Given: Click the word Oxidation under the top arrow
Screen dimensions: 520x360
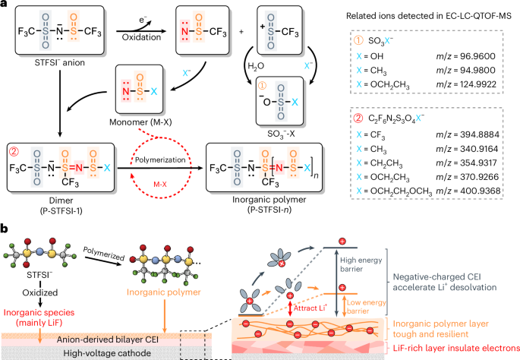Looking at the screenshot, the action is pos(141,37).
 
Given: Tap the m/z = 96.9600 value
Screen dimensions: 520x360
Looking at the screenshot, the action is pos(465,56).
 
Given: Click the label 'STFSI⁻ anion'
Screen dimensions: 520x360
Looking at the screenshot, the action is pos(60,63).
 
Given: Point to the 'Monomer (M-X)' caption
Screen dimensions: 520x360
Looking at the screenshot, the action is pos(140,122).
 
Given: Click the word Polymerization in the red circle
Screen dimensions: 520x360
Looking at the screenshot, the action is pos(160,160).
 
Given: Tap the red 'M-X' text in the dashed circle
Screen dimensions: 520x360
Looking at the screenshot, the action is pos(160,184).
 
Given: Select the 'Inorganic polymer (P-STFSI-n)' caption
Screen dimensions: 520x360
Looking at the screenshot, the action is pos(269,205).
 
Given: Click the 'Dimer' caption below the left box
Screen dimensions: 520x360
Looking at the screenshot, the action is pos(61,201).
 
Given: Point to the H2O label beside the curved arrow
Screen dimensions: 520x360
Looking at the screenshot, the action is pos(256,66).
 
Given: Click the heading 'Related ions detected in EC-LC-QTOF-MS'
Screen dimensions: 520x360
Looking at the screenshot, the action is pos(429,16).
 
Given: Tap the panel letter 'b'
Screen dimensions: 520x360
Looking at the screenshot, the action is pos(5,229).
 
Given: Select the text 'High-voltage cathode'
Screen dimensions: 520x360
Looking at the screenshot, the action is pos(107,353).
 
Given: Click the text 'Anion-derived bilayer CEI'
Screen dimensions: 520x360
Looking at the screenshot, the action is pos(108,339).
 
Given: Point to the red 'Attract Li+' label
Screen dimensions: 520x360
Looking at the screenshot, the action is pos(310,308).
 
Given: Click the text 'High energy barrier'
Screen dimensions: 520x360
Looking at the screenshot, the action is pos(361,264).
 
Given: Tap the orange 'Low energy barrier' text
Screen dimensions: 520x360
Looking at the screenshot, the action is pos(366,307).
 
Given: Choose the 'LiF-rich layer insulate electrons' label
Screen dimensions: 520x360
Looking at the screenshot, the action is pos(456,348).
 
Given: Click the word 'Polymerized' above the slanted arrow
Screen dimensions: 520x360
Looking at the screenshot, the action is pos(103,254).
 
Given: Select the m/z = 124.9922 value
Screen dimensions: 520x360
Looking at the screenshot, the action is pos(466,84).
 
